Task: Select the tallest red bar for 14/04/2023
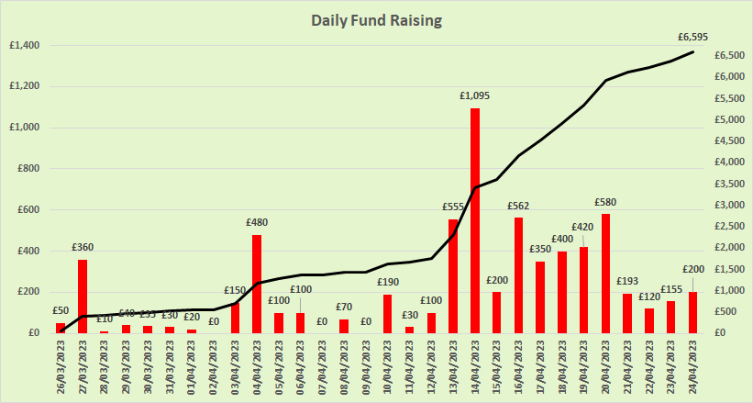(x=475, y=220)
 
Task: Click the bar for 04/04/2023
(x=257, y=284)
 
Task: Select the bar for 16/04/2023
(x=519, y=274)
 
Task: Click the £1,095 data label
(x=475, y=95)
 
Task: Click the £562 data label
(x=519, y=205)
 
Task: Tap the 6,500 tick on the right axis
(x=723, y=55)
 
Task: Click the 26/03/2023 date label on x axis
(x=61, y=368)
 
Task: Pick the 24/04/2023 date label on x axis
(x=693, y=368)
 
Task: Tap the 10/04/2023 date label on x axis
(x=388, y=368)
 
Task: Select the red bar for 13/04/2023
(x=453, y=275)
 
